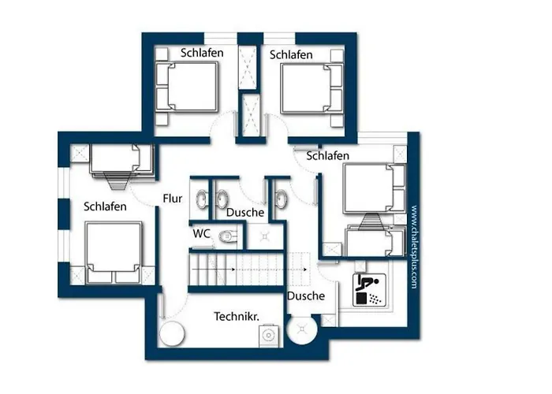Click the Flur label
pos(173,199)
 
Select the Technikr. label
pos(237,316)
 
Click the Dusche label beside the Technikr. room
pos(306,296)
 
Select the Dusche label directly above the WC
pos(244,213)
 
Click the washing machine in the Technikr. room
pos(270,335)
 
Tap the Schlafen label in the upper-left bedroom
pos(202,53)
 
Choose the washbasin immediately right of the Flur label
pos(203,198)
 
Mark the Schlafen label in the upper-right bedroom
pos(292,54)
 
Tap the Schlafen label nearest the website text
pos(328,156)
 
